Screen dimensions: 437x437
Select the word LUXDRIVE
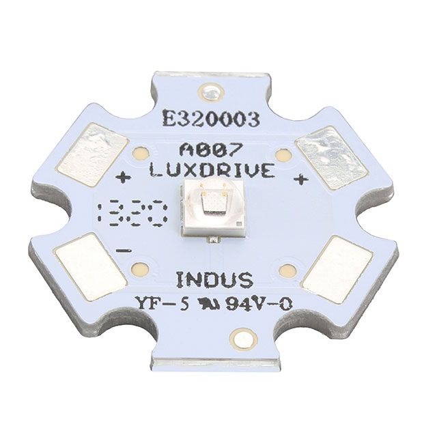click(218, 171)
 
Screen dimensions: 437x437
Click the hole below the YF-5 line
click(240, 337)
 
